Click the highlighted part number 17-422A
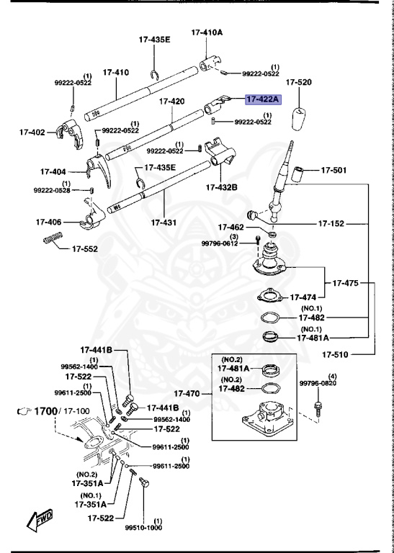click(264, 100)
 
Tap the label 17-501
click(333, 171)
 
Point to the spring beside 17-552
click(53, 240)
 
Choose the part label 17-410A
click(207, 32)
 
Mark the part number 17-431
click(165, 222)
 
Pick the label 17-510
click(336, 354)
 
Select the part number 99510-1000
click(144, 527)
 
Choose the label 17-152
click(333, 224)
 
